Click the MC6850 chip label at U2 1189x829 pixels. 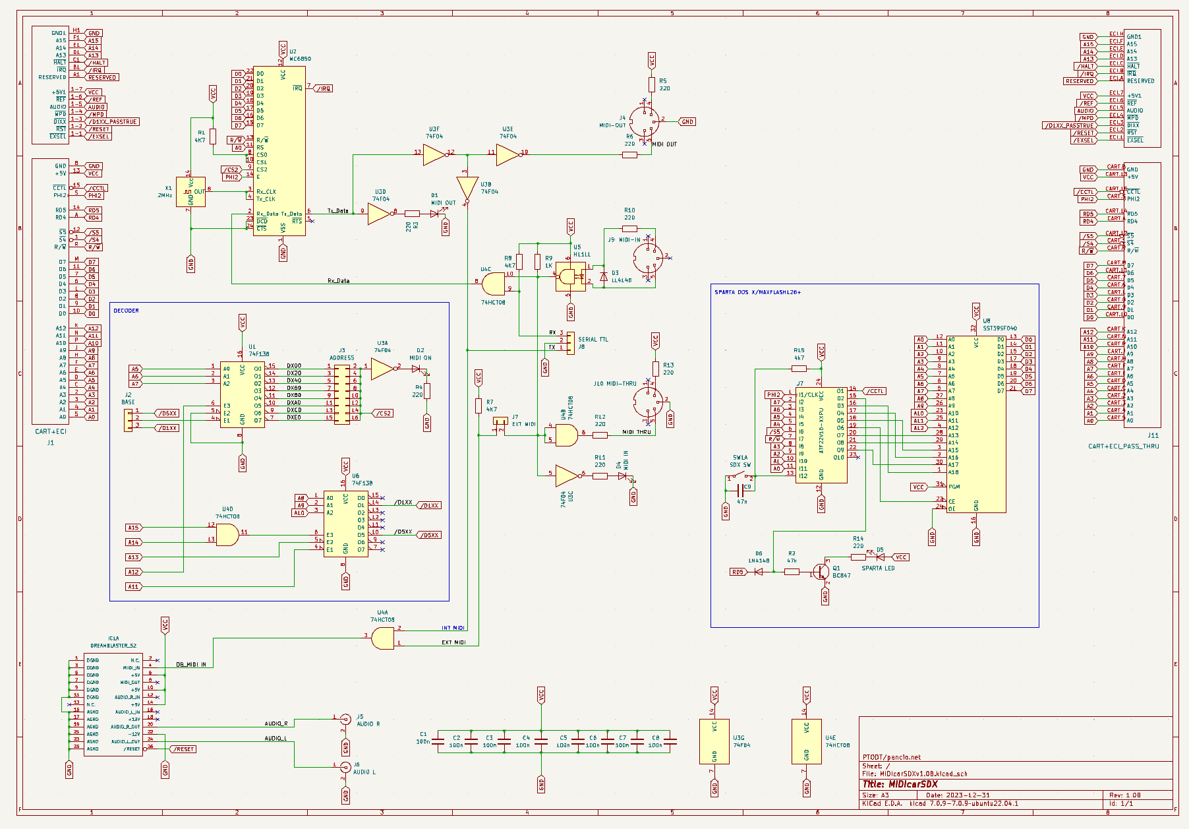point(301,59)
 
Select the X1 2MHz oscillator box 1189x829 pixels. point(190,192)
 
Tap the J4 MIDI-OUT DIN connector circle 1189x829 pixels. point(644,122)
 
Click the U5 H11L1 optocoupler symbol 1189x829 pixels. point(571,277)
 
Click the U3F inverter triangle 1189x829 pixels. point(434,155)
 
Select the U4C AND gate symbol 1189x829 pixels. point(493,285)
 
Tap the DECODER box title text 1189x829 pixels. point(126,311)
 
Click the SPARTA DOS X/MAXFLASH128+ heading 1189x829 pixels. point(757,292)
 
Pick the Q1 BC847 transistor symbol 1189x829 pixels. point(822,572)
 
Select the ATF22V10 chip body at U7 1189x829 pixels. point(821,435)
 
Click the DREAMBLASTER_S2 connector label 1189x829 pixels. point(113,646)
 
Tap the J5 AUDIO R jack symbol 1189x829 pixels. point(345,719)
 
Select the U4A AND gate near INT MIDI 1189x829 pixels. point(383,638)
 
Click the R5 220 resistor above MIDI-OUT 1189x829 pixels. point(652,84)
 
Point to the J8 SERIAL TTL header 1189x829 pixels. point(571,343)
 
